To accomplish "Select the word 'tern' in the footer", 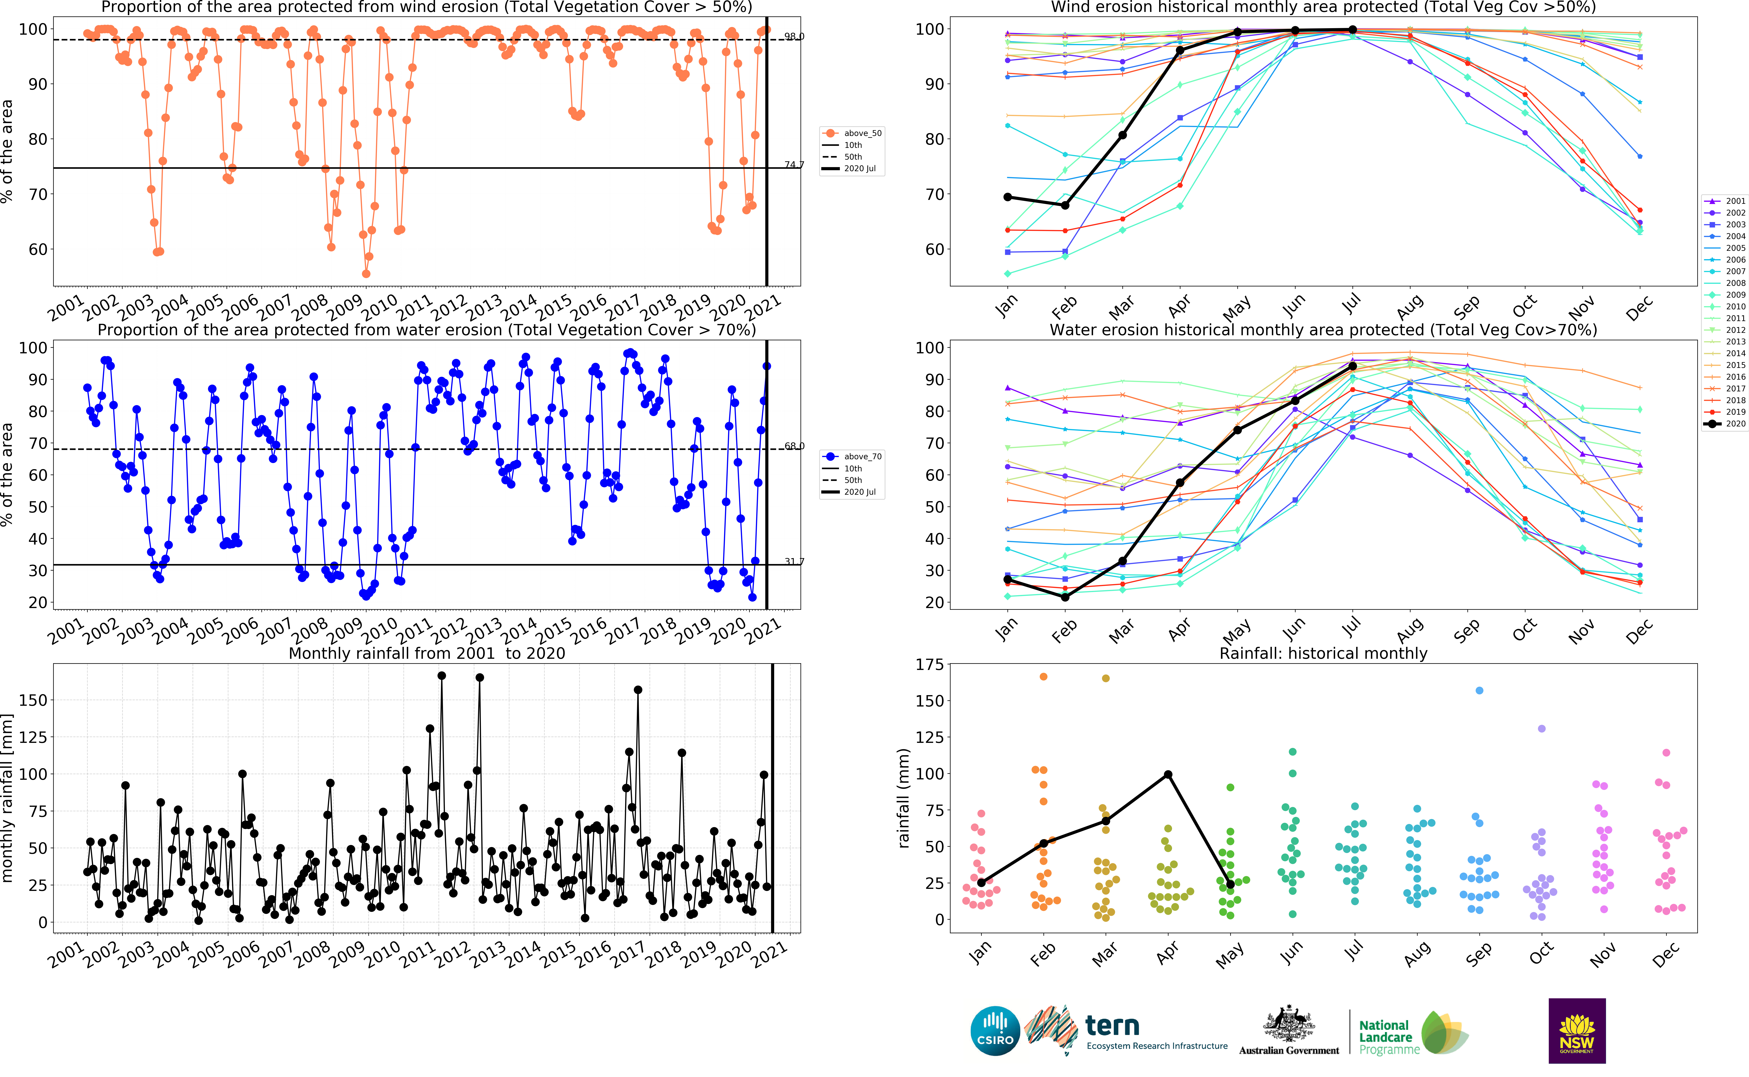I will [x=1112, y=1026].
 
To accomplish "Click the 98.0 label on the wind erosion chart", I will [x=794, y=36].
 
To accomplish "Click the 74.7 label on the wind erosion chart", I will [x=794, y=164].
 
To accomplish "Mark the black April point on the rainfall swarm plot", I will [x=1167, y=774].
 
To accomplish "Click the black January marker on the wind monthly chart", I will [x=1007, y=197].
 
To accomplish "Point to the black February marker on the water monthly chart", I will [x=1065, y=597].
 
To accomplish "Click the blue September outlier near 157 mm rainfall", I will [x=1479, y=690].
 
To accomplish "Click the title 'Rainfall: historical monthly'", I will [x=1323, y=653].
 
